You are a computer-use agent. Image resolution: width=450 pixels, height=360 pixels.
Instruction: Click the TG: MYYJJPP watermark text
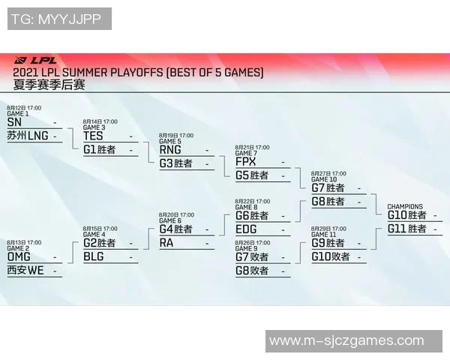click(60, 19)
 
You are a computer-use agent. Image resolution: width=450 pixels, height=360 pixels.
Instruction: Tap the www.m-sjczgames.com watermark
click(346, 340)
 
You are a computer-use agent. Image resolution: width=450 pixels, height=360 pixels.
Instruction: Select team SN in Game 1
click(14, 122)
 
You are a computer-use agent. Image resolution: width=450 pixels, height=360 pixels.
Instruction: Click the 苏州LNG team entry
click(27, 136)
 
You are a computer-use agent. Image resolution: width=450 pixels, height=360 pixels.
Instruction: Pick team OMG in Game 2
click(19, 256)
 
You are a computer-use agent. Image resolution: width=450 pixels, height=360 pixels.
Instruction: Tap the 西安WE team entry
click(25, 270)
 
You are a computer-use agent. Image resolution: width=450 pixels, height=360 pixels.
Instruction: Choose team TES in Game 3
click(93, 136)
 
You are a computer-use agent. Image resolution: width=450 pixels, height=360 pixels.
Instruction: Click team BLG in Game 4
click(94, 256)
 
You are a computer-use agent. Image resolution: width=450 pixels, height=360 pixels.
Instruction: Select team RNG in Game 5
click(170, 149)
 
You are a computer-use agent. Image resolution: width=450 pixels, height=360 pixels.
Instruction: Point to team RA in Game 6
click(166, 243)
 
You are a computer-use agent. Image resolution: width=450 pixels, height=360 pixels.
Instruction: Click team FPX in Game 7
click(246, 162)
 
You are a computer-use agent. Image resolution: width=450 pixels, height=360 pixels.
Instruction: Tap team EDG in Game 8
click(246, 229)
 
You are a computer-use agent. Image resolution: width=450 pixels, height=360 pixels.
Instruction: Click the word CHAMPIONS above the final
click(405, 206)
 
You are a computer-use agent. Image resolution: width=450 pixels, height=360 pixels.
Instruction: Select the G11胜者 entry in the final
click(406, 229)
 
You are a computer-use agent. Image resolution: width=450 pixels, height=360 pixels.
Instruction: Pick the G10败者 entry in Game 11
click(331, 256)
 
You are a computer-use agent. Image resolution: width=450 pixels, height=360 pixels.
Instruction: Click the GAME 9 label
click(246, 248)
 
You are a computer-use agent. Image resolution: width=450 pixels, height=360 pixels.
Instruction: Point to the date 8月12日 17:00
click(24, 108)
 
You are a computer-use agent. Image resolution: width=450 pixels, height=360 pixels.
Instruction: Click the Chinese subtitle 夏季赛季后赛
click(49, 85)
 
